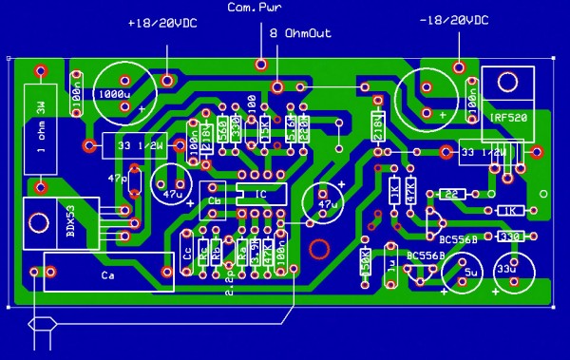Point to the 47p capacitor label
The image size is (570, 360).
(119, 178)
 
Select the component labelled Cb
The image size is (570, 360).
(215, 201)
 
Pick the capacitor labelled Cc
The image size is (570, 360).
(188, 253)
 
